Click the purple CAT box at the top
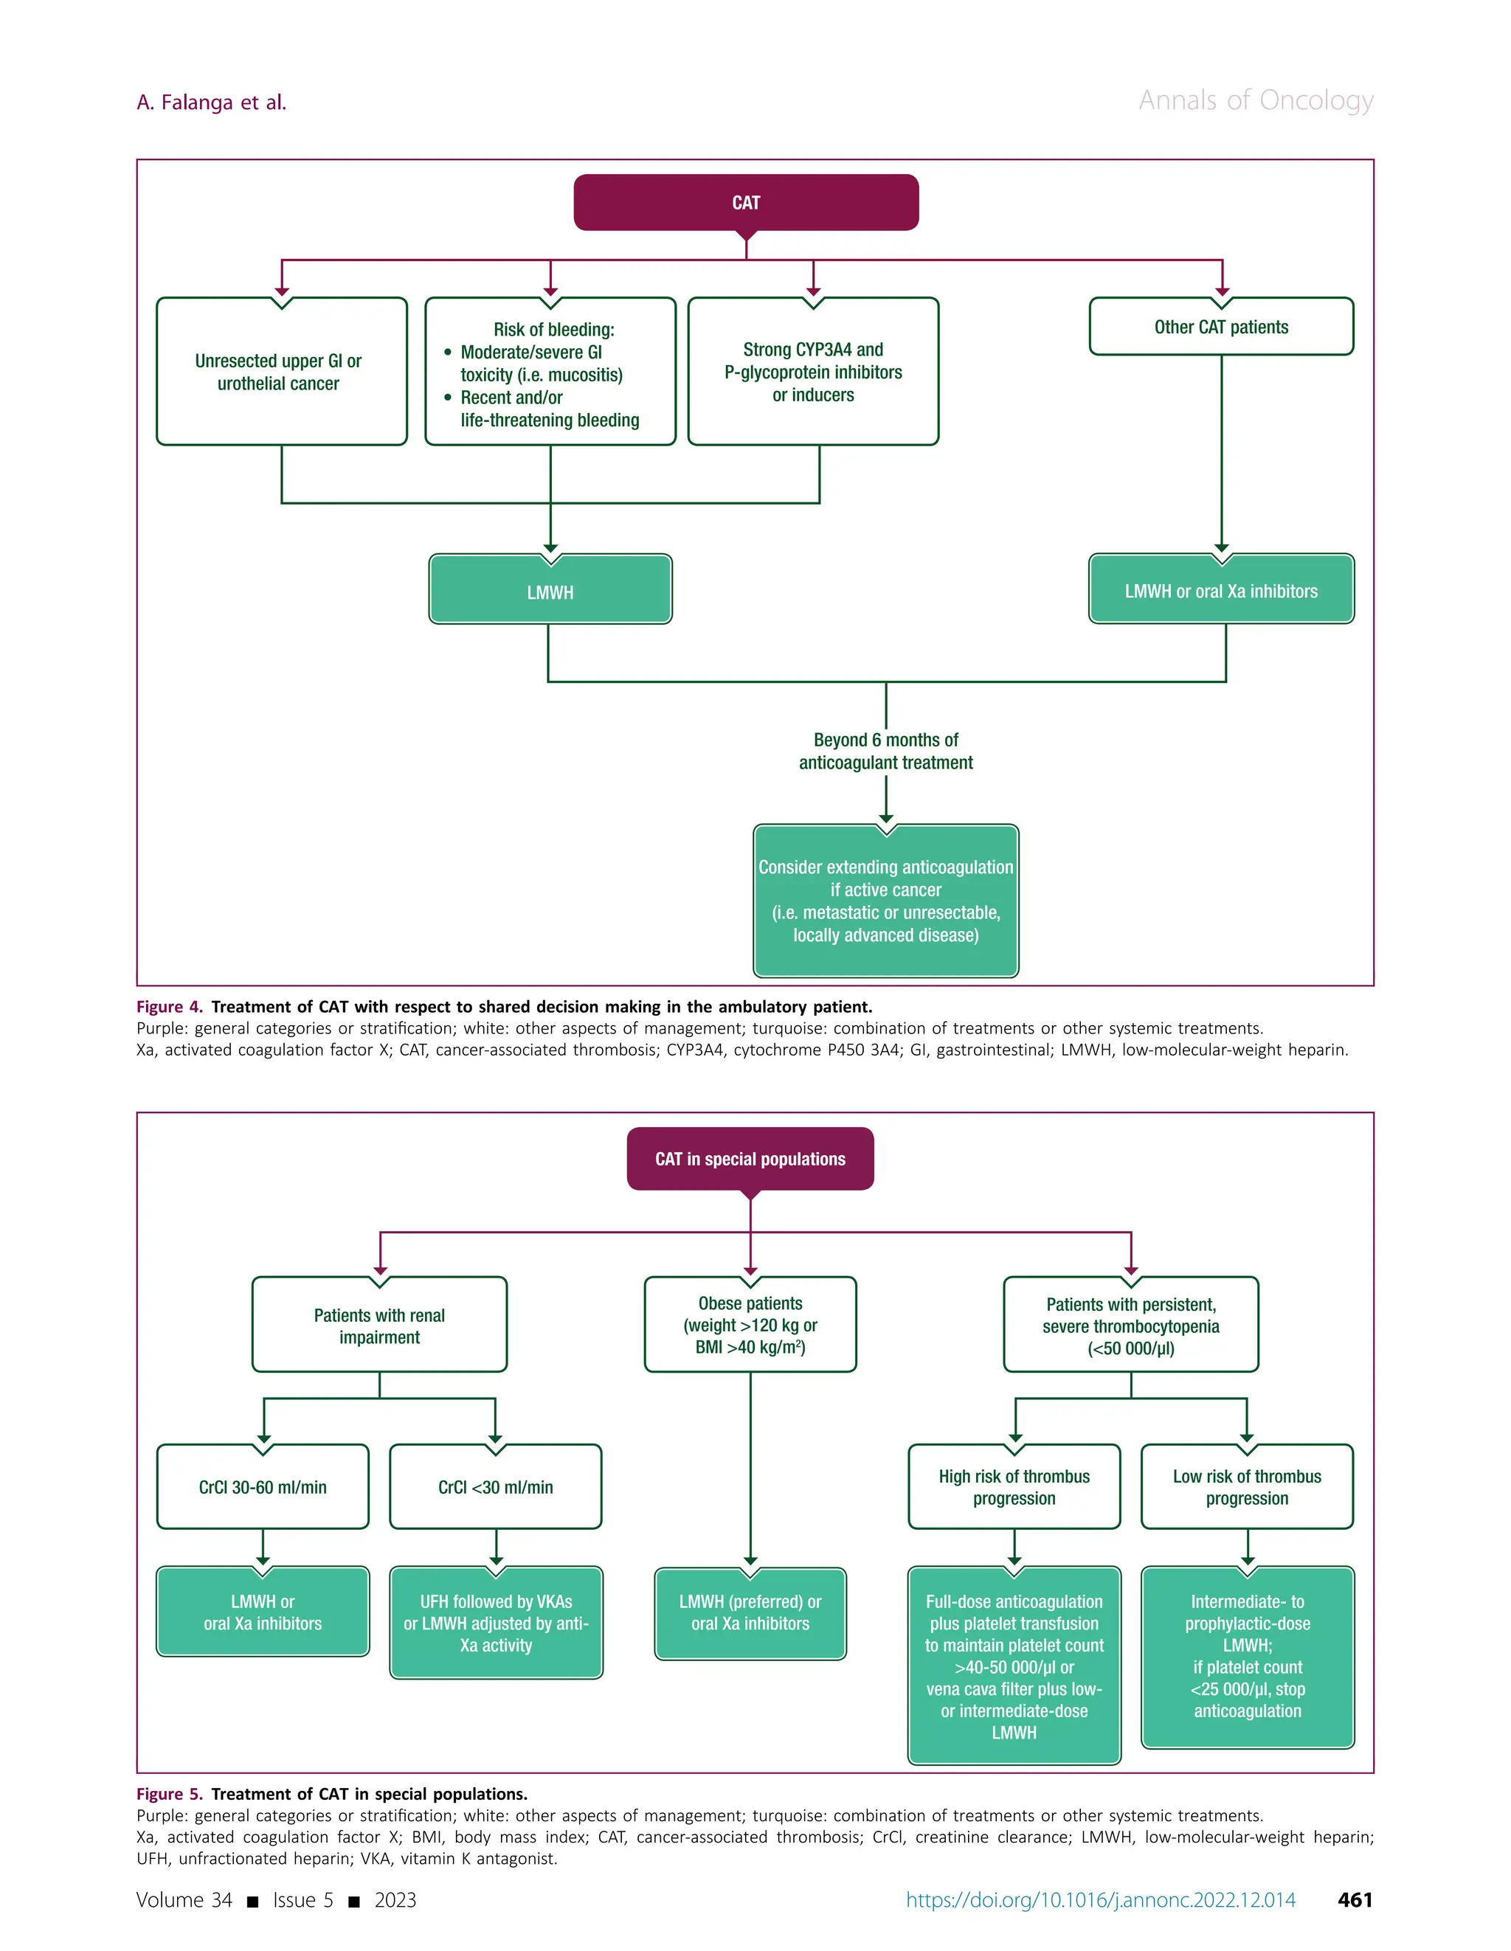coord(745,203)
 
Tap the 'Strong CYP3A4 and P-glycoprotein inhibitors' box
coord(812,372)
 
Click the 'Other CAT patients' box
coord(1220,327)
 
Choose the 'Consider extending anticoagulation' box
coord(885,901)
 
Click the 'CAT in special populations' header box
coord(750,1159)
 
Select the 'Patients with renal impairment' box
coord(379,1325)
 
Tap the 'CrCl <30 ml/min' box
coord(495,1487)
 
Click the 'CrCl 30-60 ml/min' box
coord(262,1487)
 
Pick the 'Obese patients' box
coord(750,1325)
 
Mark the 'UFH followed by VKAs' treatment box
coord(495,1623)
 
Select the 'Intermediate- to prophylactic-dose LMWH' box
coord(1248,1656)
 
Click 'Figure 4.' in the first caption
coord(170,1007)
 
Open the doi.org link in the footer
coord(1100,1899)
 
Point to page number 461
coord(1354,1899)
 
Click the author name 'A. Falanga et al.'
coord(211,103)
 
